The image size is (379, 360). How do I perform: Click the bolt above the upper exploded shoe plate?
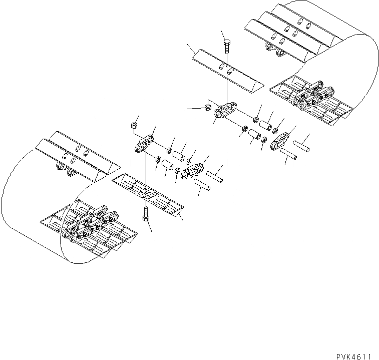pyautogui.click(x=226, y=45)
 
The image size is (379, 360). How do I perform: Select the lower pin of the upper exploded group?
pyautogui.click(x=289, y=156)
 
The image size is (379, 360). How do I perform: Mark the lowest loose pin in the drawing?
pyautogui.click(x=202, y=186)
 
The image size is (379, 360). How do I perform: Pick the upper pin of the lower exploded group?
pyautogui.click(x=213, y=176)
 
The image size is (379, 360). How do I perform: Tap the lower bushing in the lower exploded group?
pyautogui.click(x=167, y=164)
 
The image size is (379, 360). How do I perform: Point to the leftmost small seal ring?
pyautogui.click(x=158, y=160)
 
